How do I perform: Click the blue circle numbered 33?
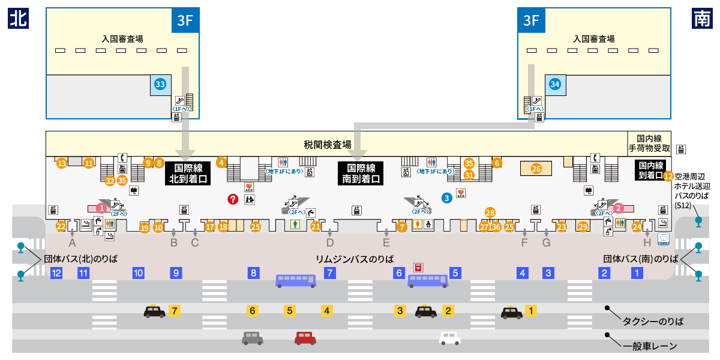(160, 85)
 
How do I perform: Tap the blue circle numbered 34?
(555, 85)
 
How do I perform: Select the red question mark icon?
(233, 199)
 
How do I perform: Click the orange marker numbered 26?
(536, 169)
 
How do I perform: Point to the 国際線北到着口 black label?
(188, 173)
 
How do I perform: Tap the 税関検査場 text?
(327, 145)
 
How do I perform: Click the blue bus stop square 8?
(254, 273)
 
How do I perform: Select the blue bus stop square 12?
(56, 273)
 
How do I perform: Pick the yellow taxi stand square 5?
(290, 311)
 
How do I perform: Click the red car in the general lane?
(305, 338)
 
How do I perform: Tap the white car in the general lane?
(449, 338)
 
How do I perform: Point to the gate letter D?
(330, 243)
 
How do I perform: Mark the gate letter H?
(647, 243)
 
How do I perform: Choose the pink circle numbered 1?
(102, 208)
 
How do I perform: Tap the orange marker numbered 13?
(61, 163)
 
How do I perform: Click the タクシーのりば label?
(653, 322)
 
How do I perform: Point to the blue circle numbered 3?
(446, 197)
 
